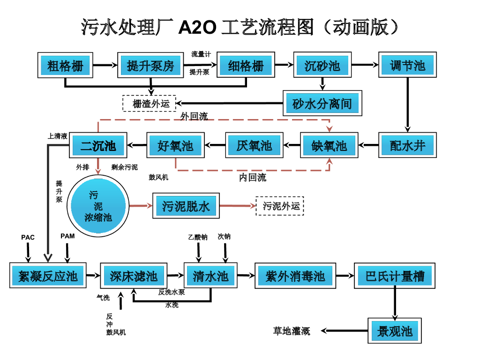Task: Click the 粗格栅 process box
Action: [x=66, y=66]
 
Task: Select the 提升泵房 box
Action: [x=150, y=66]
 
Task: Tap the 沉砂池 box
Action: [x=322, y=66]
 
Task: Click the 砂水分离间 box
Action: [x=322, y=104]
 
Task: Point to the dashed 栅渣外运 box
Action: [x=149, y=103]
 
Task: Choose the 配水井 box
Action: [x=407, y=146]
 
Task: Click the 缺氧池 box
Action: [x=329, y=146]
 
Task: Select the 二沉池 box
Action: [x=98, y=146]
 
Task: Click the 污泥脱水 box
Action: [x=186, y=206]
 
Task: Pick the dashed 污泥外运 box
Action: [x=280, y=206]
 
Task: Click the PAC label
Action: [x=28, y=238]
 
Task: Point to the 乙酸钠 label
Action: [x=198, y=237]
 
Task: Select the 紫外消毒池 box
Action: [x=295, y=276]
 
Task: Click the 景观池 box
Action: [x=395, y=331]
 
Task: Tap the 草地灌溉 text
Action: [x=292, y=331]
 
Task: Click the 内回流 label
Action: [x=253, y=178]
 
